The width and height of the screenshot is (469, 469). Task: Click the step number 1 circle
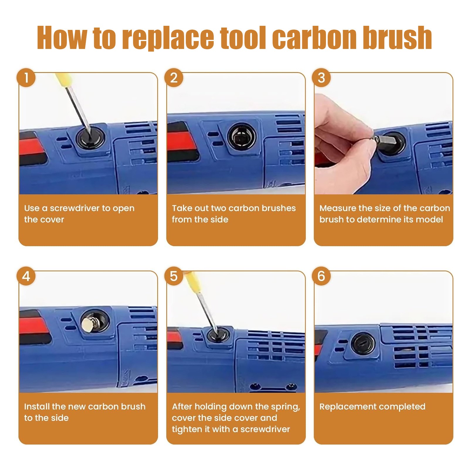tap(26, 78)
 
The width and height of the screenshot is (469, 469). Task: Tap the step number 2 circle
tap(174, 78)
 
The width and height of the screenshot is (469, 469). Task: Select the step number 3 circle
tap(321, 78)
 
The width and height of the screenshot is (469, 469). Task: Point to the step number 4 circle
tap(26, 276)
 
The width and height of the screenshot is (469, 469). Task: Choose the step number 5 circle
tap(174, 276)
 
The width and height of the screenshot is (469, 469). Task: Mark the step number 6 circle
tap(321, 276)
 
